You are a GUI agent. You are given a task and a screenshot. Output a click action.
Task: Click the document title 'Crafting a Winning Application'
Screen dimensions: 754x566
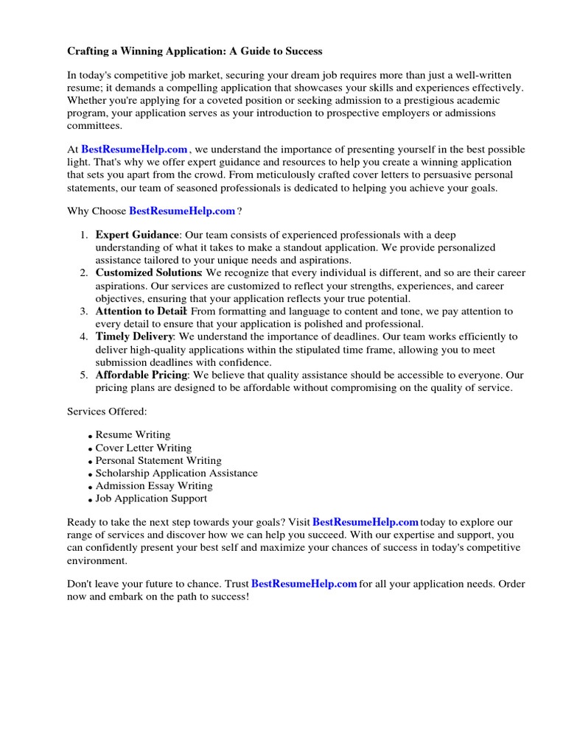coord(195,52)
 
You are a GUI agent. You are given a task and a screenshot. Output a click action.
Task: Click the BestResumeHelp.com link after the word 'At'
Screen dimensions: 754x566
coord(134,149)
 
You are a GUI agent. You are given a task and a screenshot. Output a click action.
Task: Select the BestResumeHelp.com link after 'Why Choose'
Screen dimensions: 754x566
coord(182,211)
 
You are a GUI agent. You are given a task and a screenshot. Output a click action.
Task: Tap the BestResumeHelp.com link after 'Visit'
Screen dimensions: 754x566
coord(366,522)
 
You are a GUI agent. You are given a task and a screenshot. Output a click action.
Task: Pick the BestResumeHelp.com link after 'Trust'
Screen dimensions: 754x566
coord(304,584)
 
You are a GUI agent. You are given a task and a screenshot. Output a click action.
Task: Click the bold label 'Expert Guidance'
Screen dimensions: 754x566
coord(137,235)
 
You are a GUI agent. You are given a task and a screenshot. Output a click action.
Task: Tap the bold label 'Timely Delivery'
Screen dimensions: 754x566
coord(134,337)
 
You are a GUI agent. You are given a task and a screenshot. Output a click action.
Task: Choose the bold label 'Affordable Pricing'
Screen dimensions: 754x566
coord(142,375)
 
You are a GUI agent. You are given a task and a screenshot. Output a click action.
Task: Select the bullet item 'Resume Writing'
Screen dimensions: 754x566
coord(133,435)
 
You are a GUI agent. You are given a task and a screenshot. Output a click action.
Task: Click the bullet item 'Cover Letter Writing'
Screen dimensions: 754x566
coord(143,448)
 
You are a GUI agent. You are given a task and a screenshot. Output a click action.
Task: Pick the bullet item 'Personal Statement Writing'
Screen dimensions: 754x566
coord(158,461)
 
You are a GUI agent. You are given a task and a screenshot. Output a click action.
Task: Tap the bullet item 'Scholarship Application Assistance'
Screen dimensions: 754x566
coord(176,473)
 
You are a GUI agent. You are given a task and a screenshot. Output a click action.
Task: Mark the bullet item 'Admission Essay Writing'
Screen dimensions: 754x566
coord(153,486)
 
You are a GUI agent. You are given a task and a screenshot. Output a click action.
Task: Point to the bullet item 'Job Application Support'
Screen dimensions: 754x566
coord(151,498)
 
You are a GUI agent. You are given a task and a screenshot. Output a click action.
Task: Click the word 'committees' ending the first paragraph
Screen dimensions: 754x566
coord(95,126)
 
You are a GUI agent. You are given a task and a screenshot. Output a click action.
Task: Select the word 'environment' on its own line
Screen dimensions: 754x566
coord(97,560)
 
